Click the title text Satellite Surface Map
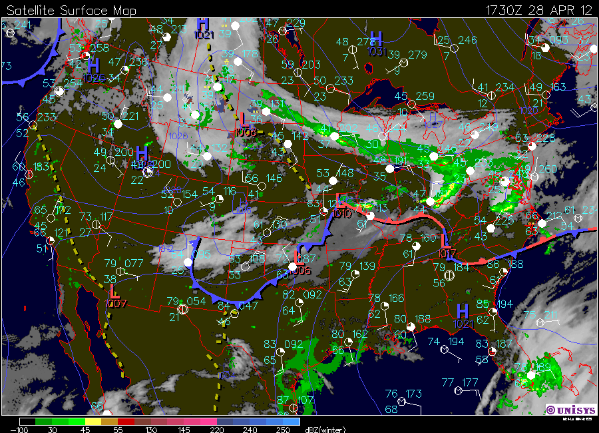71,10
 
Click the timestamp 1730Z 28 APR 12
538,10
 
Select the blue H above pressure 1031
376,38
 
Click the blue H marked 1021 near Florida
463,310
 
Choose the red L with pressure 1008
245,120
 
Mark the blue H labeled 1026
94,65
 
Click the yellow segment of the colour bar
91,422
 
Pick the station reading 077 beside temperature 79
133,263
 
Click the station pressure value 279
417,55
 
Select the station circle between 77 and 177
457,390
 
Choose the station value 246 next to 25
467,40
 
